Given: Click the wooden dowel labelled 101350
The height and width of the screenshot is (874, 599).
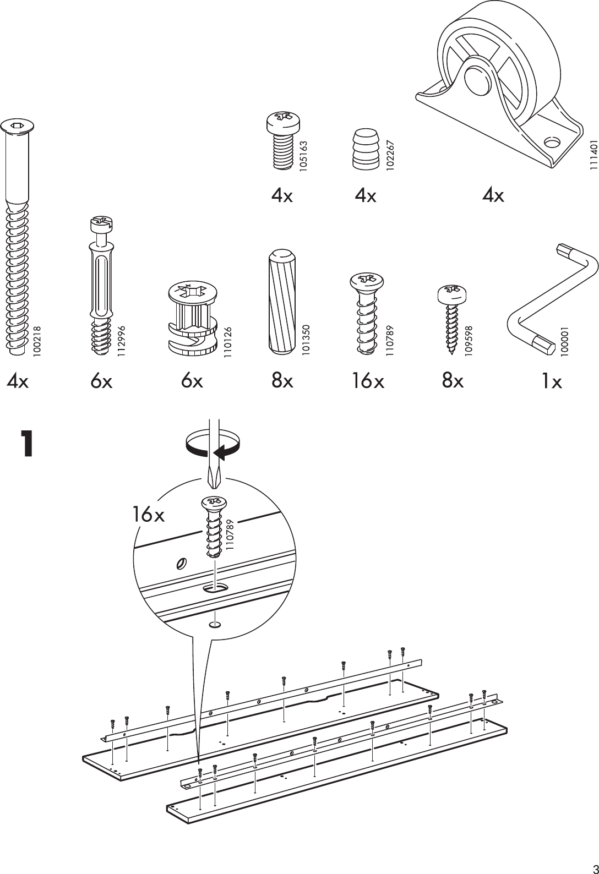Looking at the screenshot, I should click(x=283, y=303).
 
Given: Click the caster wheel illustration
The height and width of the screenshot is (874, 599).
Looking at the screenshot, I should click(x=498, y=83).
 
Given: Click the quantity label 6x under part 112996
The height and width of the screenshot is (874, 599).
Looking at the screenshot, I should click(x=101, y=381).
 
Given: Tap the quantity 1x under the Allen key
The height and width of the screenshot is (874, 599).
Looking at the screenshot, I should click(x=550, y=381).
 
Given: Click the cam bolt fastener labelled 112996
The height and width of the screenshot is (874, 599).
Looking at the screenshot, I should click(x=101, y=286).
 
